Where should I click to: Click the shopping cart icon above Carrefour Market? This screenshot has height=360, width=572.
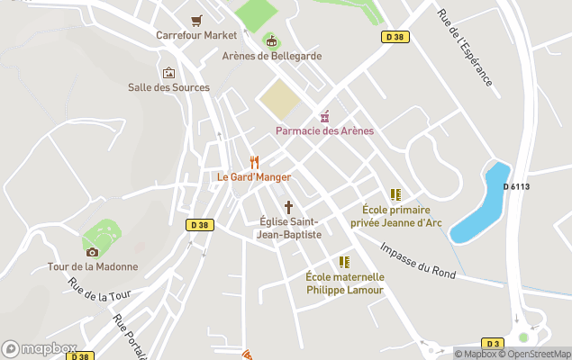point(196,20)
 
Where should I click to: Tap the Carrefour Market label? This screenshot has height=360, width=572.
point(196,35)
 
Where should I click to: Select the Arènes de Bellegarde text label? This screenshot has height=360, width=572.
point(271,56)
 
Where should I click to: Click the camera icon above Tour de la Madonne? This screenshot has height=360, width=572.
point(93,251)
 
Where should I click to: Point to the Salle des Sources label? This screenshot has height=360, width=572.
point(168,87)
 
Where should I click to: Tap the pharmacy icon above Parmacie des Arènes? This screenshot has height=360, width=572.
point(324,116)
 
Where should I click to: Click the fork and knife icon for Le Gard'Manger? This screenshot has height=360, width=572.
point(254,162)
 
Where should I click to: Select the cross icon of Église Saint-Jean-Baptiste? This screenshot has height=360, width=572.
point(289,206)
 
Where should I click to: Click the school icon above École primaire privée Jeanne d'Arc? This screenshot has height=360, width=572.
point(395,194)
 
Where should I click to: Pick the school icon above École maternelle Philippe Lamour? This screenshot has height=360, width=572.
point(344,262)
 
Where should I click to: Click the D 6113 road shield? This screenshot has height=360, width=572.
point(516,186)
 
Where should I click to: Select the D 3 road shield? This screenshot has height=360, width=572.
point(493,343)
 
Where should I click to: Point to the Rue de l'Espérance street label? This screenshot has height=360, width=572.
point(465,49)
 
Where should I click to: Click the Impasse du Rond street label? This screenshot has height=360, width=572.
point(417,261)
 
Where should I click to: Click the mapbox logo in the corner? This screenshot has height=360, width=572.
point(40,348)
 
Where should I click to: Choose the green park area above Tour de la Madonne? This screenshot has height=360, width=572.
point(101,237)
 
